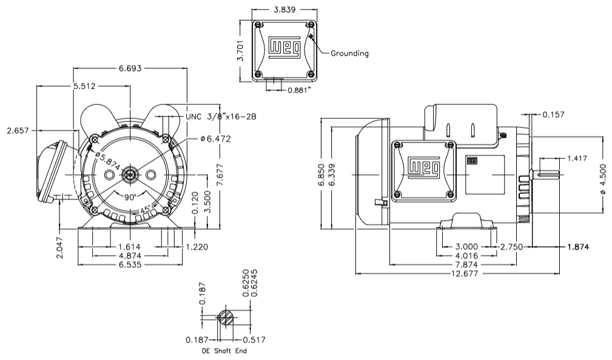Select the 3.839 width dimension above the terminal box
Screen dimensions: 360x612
[x=284, y=10]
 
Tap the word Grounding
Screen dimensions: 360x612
[x=349, y=53]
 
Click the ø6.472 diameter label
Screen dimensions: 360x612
[x=215, y=139]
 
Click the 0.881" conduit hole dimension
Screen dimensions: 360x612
[x=300, y=90]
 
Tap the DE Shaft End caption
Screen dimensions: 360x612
[x=224, y=351]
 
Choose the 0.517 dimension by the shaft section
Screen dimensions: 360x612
[x=254, y=340]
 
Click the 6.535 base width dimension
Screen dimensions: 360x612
[x=131, y=265]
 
